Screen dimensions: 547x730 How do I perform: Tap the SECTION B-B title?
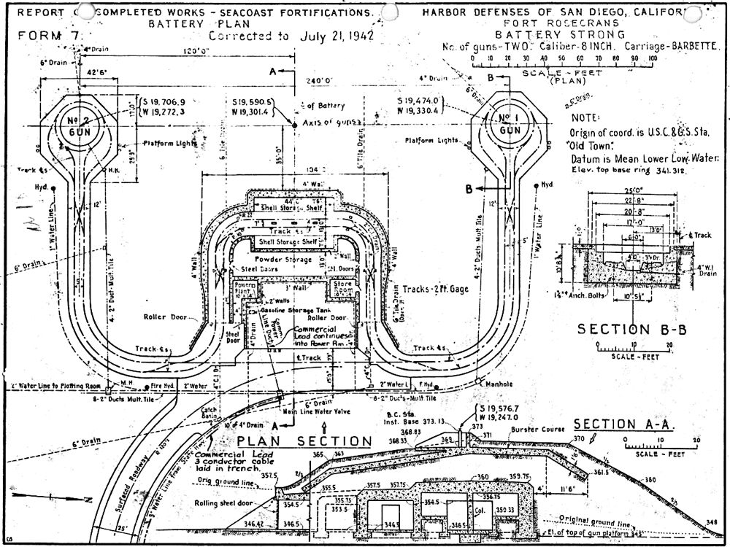(x=632, y=330)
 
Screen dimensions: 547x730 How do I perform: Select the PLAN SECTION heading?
(x=304, y=441)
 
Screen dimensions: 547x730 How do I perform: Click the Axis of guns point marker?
(x=294, y=125)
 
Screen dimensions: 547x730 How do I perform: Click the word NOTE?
(x=586, y=117)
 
